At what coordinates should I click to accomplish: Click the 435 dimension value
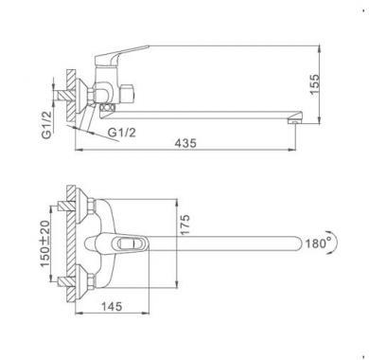coord(185,143)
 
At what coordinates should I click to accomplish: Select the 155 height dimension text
coord(314,84)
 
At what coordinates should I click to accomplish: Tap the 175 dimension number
coord(185,225)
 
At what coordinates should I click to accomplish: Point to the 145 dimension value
coord(112,306)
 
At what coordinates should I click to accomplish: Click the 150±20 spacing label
coord(45,243)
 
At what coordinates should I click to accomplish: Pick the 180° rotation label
coord(316,243)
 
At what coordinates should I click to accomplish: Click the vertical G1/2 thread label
coord(46,125)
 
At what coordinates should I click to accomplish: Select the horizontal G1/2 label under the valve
coord(122,133)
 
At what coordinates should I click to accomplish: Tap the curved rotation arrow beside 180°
coord(334,243)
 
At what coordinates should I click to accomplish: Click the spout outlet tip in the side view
coord(295,119)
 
